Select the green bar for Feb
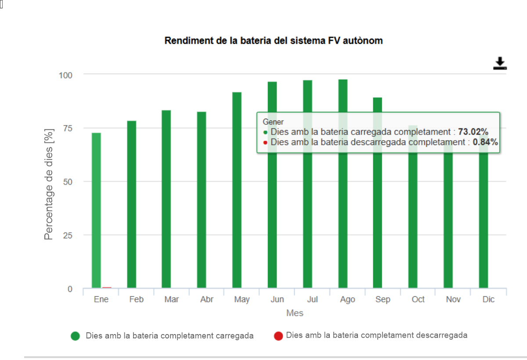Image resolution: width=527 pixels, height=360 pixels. (x=132, y=204)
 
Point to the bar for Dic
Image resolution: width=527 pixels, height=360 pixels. (x=484, y=220)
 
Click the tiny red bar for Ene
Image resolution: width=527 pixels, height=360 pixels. (x=107, y=287)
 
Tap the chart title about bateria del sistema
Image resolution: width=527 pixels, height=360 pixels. (x=274, y=40)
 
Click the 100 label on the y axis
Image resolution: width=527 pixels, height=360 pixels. (x=65, y=74)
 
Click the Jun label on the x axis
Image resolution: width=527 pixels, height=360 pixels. (x=277, y=299)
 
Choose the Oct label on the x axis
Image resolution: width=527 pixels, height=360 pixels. (x=418, y=299)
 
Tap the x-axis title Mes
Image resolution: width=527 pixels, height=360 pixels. (x=295, y=313)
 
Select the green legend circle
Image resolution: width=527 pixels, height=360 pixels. (x=75, y=336)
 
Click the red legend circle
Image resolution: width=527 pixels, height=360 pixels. (x=278, y=336)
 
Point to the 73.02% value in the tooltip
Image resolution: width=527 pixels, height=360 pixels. (x=473, y=132)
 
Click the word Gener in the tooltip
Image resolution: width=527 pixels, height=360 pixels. (x=273, y=122)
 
